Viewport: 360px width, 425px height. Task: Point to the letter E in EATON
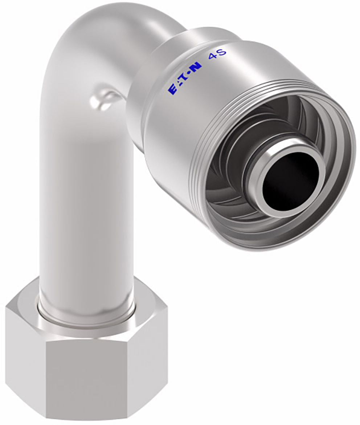tap(172, 90)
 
